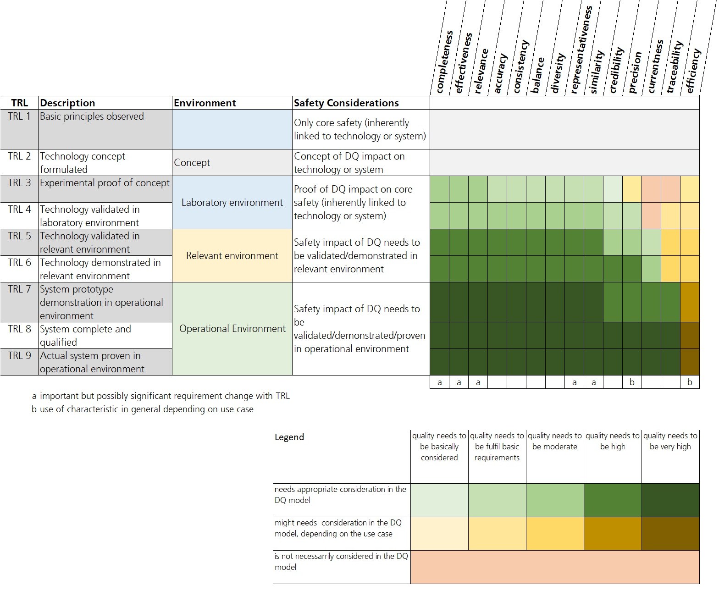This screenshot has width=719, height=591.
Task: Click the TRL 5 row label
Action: click(x=19, y=236)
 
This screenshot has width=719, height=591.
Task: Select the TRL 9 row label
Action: click(x=19, y=356)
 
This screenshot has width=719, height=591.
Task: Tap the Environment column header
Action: click(x=205, y=103)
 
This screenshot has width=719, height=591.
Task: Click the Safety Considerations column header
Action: click(x=346, y=103)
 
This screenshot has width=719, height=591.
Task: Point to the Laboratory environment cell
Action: click(x=232, y=203)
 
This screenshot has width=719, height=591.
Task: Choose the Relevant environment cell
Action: click(x=232, y=256)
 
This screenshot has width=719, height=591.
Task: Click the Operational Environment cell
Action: click(x=232, y=329)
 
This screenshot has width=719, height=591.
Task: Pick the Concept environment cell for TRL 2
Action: click(x=192, y=163)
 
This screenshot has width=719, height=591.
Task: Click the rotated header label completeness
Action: click(x=443, y=62)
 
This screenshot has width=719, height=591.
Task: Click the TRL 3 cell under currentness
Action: click(x=651, y=189)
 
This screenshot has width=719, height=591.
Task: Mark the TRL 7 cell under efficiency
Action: click(x=690, y=302)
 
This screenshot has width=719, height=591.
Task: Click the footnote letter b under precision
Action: click(x=632, y=382)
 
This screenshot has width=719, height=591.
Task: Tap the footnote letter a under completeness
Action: click(x=440, y=382)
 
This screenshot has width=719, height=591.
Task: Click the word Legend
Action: click(x=289, y=437)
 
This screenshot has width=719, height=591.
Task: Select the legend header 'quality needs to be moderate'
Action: click(x=555, y=441)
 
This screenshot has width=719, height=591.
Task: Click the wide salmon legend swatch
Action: click(x=555, y=567)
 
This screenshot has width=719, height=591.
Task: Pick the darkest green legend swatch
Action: click(x=670, y=500)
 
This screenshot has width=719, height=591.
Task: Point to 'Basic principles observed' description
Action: click(x=92, y=116)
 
